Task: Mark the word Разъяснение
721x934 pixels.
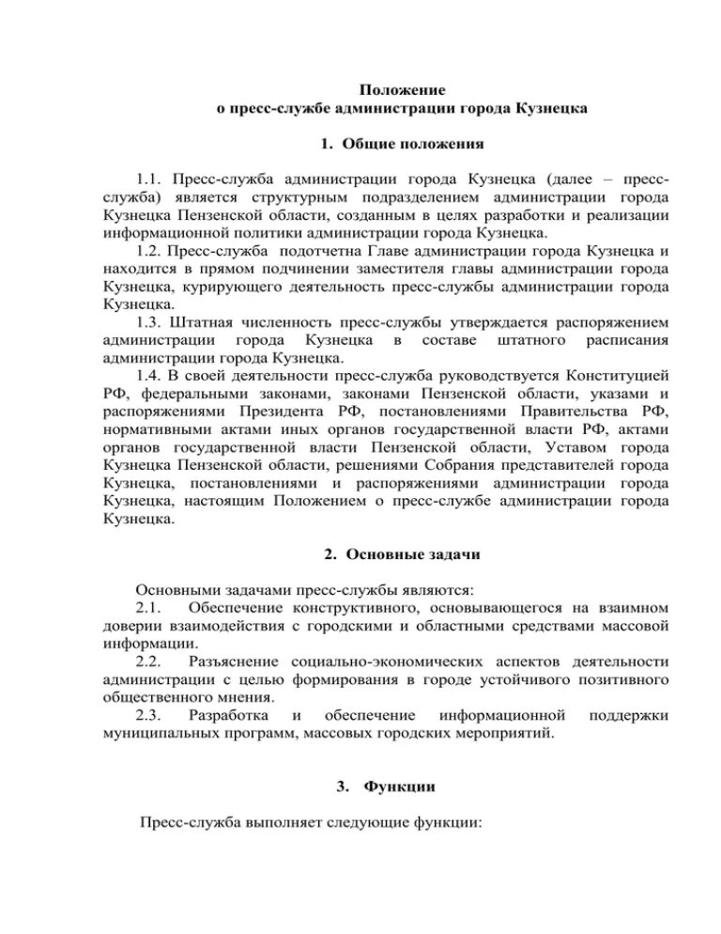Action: [x=240, y=662]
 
